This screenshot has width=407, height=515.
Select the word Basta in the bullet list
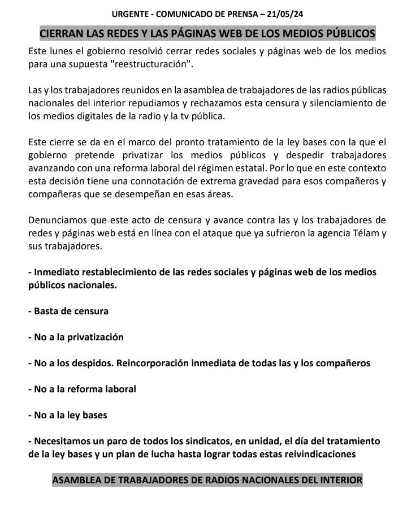pyautogui.click(x=46, y=311)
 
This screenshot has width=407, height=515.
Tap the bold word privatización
pyautogui.click(x=96, y=337)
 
